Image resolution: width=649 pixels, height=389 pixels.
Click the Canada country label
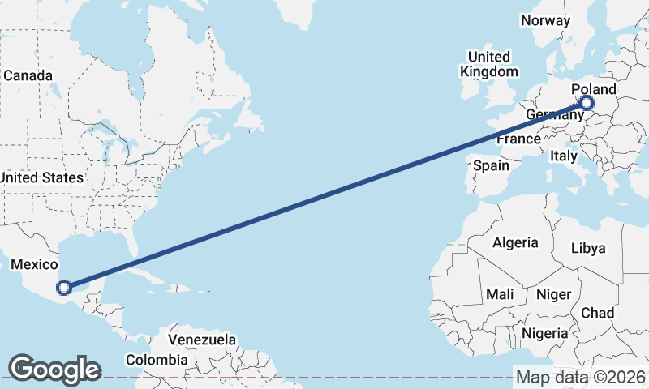pyautogui.click(x=28, y=75)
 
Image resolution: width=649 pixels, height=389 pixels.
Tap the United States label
pyautogui.click(x=41, y=177)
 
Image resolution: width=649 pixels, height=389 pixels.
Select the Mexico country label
pyautogui.click(x=33, y=264)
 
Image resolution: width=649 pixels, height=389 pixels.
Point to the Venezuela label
pyautogui.click(x=202, y=340)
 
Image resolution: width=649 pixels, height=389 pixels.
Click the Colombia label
pyautogui.click(x=155, y=359)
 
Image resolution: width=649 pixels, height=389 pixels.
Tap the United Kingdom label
pyautogui.click(x=488, y=64)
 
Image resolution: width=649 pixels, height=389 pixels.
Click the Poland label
pyautogui.click(x=594, y=89)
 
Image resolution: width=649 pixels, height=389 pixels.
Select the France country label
pyautogui.click(x=518, y=139)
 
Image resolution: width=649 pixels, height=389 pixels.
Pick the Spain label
pyautogui.click(x=491, y=165)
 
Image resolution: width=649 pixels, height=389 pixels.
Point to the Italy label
pyautogui.click(x=563, y=155)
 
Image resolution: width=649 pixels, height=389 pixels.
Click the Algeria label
pyautogui.click(x=515, y=242)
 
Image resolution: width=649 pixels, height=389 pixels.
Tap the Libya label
pyautogui.click(x=588, y=248)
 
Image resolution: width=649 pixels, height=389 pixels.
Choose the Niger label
pyautogui.click(x=554, y=294)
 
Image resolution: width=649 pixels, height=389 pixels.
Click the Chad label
pyautogui.click(x=597, y=313)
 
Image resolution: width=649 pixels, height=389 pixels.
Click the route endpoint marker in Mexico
pyautogui.click(x=64, y=286)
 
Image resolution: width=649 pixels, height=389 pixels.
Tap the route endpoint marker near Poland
pyautogui.click(x=586, y=103)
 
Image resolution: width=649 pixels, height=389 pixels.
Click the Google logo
pyautogui.click(x=54, y=370)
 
